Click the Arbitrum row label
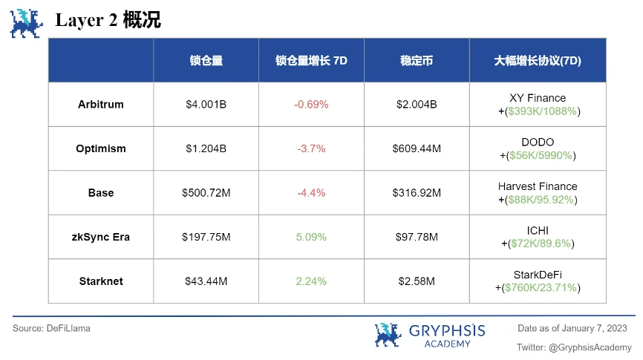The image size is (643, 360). (101, 105)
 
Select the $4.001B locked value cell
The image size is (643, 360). (206, 105)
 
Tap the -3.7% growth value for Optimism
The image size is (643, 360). (311, 148)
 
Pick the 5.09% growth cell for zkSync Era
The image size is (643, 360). (311, 237)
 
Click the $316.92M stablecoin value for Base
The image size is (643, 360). (417, 193)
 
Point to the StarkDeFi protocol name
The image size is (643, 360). (538, 275)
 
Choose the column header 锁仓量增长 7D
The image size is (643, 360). (311, 61)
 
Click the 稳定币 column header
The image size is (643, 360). (417, 61)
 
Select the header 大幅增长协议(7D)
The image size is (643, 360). (538, 61)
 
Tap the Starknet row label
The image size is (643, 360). (101, 281)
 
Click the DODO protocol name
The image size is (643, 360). (538, 143)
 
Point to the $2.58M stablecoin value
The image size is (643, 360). (417, 281)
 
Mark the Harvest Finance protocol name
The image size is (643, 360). (538, 186)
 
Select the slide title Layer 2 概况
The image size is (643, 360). (108, 21)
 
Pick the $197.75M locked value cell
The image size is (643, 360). (206, 237)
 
